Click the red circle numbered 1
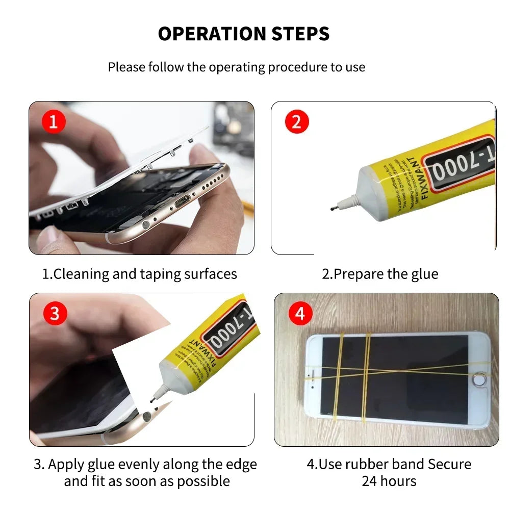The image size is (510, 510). (x=54, y=122)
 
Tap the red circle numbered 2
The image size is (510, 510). (x=297, y=122)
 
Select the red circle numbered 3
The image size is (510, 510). (x=55, y=313)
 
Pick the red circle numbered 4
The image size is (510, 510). (x=300, y=313)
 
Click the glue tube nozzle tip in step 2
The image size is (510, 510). (x=331, y=208)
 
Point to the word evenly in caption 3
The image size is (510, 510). (x=141, y=465)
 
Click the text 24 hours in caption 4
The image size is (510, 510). (x=389, y=481)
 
